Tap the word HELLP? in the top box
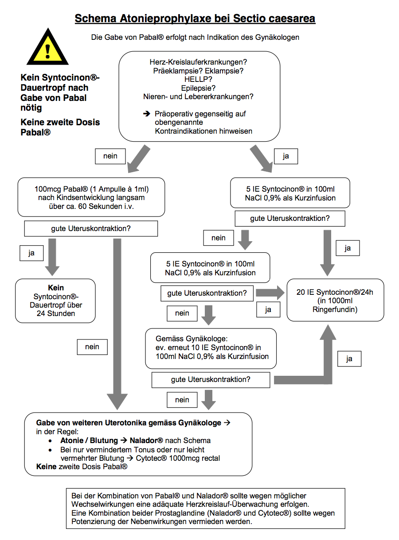[198, 79]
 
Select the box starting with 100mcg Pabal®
[91, 197]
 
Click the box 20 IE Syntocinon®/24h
[335, 300]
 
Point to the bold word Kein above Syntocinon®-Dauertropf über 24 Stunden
[56, 288]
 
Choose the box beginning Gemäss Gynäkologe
[211, 348]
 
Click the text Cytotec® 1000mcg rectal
[178, 458]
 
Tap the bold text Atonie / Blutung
[89, 440]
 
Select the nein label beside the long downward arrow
[92, 347]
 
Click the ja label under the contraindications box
[286, 156]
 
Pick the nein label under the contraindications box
[110, 156]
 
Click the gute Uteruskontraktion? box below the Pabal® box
[91, 228]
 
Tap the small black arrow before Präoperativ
[147, 114]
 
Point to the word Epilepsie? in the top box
[198, 88]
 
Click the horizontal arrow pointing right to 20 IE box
[270, 293]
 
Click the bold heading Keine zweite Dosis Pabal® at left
[60, 127]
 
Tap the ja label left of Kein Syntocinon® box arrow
[31, 253]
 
